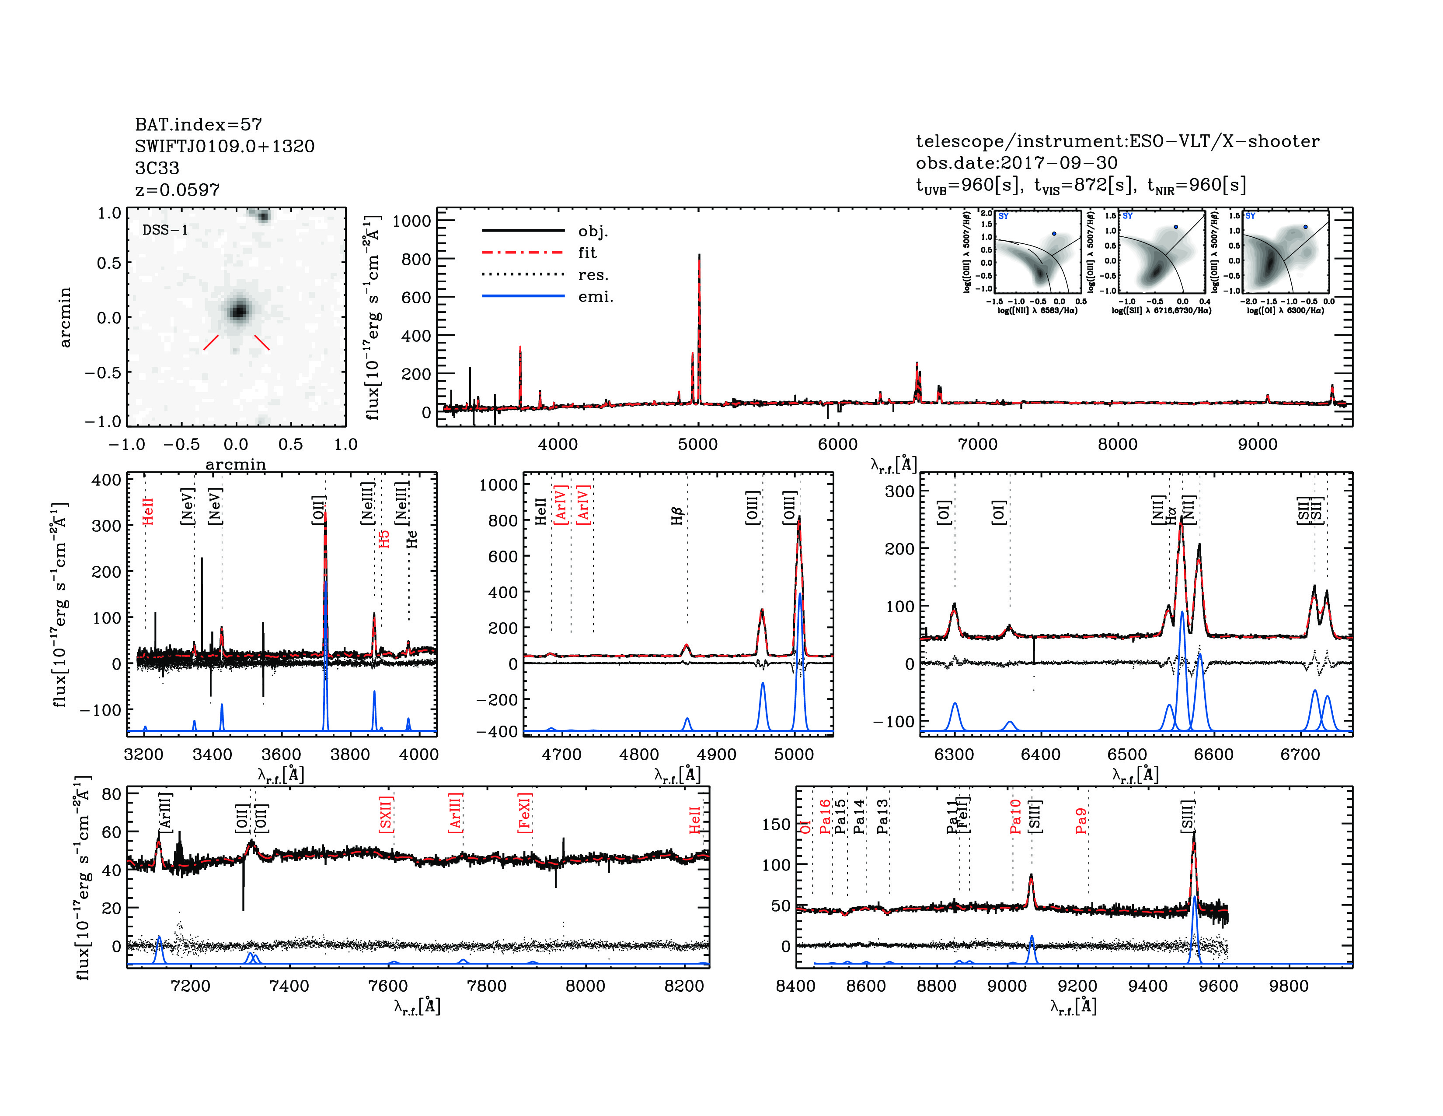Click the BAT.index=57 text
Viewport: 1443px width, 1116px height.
click(198, 124)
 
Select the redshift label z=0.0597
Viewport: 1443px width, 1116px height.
click(177, 190)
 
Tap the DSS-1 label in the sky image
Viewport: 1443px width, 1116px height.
click(165, 230)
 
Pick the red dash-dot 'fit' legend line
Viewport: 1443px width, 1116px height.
click(523, 253)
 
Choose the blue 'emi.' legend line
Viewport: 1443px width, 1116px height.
click(523, 296)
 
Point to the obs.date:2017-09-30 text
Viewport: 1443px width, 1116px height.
click(1016, 163)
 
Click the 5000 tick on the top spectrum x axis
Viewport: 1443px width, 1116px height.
click(698, 444)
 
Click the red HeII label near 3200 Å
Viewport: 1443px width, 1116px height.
click(148, 512)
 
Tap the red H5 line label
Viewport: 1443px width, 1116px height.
click(384, 539)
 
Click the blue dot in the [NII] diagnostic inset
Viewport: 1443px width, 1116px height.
click(1054, 233)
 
